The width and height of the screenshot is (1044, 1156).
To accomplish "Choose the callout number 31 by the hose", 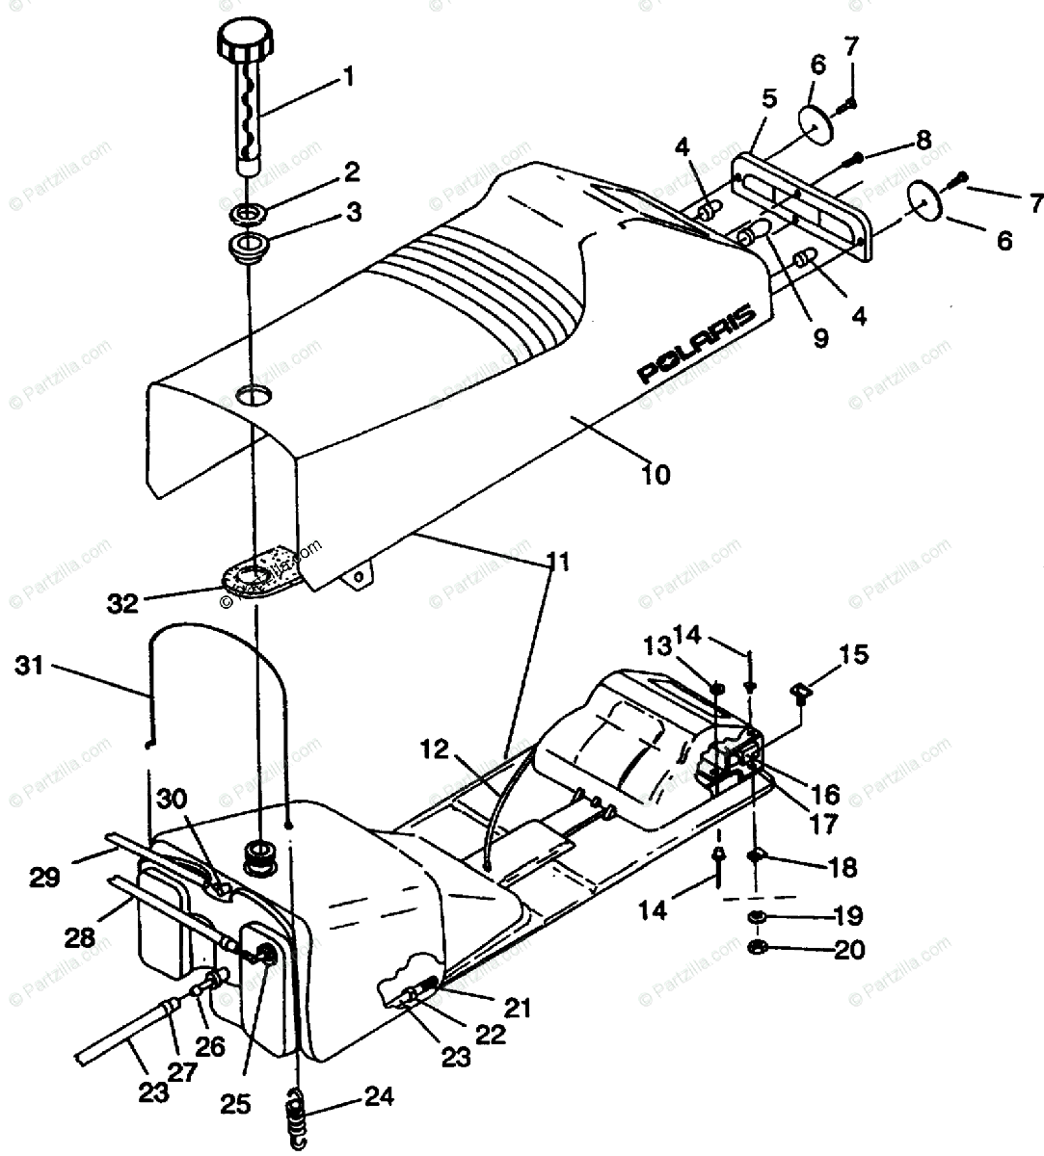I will [32, 665].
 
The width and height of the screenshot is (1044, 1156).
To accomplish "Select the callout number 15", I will [854, 655].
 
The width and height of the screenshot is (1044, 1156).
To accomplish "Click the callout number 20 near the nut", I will [849, 950].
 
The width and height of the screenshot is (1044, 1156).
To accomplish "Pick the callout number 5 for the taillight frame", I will [768, 97].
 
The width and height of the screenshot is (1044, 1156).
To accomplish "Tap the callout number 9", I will [819, 339].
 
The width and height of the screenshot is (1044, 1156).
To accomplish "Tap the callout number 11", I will [558, 562].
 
